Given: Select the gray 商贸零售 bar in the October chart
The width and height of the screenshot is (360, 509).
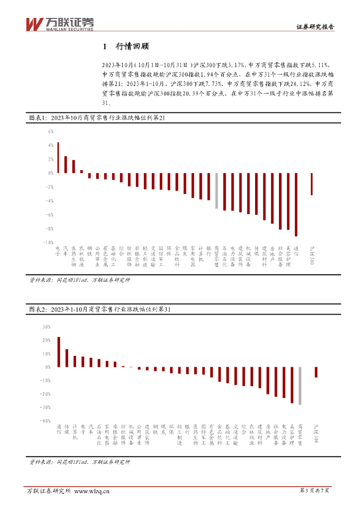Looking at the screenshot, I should click(216, 190).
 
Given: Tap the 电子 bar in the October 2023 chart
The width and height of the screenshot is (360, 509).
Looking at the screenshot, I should click(58, 158).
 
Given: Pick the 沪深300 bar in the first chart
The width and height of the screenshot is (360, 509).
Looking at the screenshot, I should click(312, 184).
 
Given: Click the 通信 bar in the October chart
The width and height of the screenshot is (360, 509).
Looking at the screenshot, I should click(296, 204).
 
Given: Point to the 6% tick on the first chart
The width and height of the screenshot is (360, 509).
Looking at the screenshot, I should click(50, 132).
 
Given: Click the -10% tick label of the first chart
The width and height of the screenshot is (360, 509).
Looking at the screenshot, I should click(48, 243).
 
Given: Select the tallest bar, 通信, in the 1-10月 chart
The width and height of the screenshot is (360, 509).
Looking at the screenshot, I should click(59, 352).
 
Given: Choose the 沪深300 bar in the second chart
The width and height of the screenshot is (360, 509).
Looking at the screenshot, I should click(316, 372).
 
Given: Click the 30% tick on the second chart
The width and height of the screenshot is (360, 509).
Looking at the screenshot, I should click(47, 327).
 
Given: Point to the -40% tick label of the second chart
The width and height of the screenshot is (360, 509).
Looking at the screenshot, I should click(45, 421).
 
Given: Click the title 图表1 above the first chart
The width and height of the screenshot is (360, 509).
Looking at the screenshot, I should click(100, 118).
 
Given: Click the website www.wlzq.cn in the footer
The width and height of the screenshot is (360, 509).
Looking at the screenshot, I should click(91, 491).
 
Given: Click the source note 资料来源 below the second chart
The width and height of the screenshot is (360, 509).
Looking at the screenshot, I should click(80, 462).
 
